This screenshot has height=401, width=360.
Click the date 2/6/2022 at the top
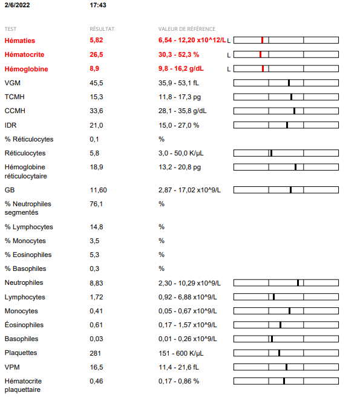tap(17, 5)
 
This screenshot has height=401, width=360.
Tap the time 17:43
tap(98, 5)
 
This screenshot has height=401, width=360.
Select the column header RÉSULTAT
tap(102, 29)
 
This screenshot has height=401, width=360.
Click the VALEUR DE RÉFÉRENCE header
tap(187, 29)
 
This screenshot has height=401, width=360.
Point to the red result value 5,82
tap(96, 40)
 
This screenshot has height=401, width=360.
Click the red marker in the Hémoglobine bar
tap(263, 68)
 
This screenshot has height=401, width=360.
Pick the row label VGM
tap(13, 83)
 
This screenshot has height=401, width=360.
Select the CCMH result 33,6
tap(96, 111)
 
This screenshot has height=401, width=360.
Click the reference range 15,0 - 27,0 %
tap(179, 125)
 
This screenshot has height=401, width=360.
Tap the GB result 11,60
tap(98, 190)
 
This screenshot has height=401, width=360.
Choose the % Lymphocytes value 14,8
tap(96, 227)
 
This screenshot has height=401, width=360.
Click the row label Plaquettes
tap(21, 353)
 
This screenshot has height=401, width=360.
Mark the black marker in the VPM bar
tap(286, 367)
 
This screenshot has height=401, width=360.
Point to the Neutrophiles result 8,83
tap(96, 283)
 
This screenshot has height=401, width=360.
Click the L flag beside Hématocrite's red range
tap(229, 55)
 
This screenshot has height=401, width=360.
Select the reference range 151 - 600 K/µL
tap(181, 353)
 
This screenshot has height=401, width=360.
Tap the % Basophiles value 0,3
tap(94, 269)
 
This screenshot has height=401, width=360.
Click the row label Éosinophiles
tap(24, 325)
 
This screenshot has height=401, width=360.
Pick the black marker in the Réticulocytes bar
tap(271, 153)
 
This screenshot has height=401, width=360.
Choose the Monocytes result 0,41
tap(96, 311)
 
